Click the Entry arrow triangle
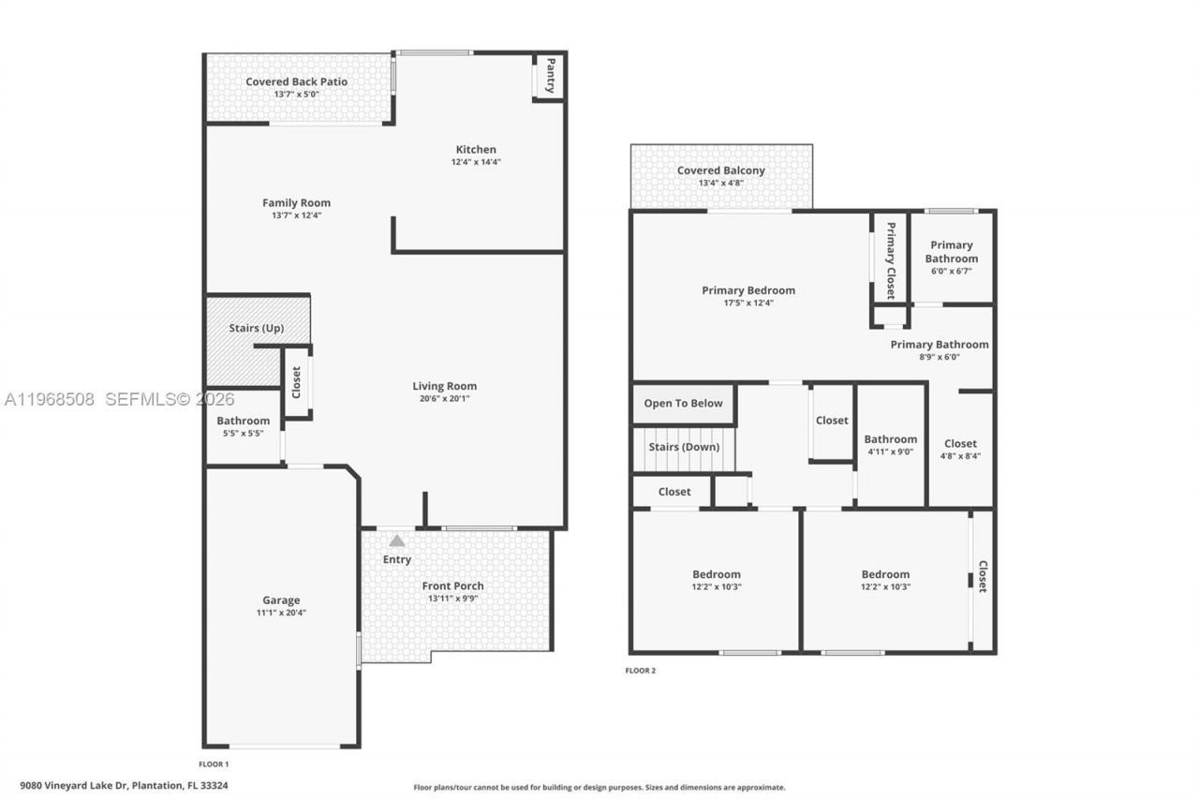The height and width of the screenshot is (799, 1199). tap(397, 540)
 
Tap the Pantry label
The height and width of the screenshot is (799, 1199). tap(551, 75)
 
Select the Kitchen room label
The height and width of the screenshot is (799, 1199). tap(476, 150)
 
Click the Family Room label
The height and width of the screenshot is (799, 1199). tap(296, 203)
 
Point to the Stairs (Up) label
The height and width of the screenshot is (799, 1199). tap(256, 328)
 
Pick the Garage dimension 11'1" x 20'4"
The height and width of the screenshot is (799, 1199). tap(281, 613)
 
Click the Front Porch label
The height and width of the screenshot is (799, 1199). tap(452, 586)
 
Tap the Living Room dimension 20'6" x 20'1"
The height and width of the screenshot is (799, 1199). tap(445, 398)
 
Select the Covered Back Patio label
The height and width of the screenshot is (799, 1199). tap(296, 81)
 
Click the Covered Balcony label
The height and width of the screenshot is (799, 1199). tap(720, 170)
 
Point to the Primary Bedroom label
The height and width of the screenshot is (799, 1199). tap(748, 290)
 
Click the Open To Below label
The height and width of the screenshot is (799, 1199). tap(683, 404)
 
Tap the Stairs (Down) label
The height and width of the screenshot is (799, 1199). tap(684, 447)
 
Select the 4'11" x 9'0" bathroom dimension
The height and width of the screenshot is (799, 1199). tap(890, 451)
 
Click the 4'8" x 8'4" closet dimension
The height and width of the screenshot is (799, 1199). tap(960, 456)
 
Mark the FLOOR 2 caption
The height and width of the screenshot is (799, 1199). tap(641, 671)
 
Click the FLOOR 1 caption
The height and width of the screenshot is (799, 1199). tap(214, 764)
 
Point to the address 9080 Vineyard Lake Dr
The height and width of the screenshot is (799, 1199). tap(73, 786)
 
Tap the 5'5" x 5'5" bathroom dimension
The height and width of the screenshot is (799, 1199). tap(243, 433)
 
